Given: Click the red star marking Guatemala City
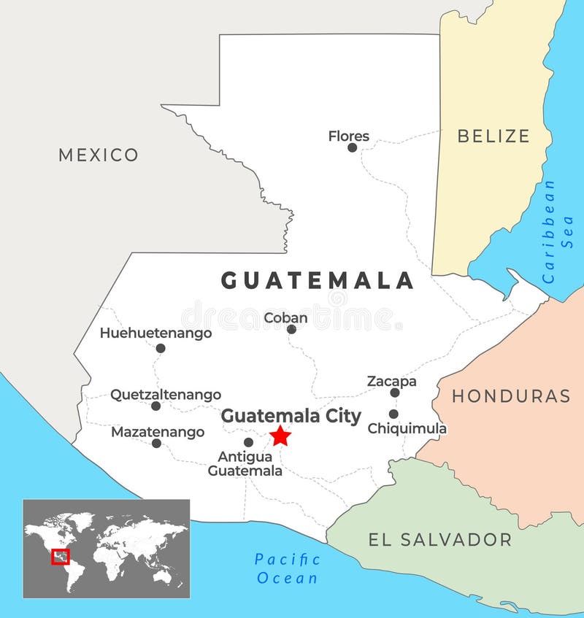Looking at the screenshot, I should [280, 436].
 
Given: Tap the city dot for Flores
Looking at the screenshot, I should [352, 147].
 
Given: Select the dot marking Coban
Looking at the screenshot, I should [291, 329].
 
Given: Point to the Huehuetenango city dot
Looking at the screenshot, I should [161, 348].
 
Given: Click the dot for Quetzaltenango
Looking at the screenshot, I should [155, 406].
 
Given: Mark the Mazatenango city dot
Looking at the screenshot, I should [156, 443].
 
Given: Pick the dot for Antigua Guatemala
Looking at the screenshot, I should [248, 442].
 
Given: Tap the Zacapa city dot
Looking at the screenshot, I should [395, 393].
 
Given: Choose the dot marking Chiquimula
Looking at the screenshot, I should [393, 414].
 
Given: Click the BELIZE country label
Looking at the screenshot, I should [493, 136].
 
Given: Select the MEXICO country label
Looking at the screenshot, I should [99, 155].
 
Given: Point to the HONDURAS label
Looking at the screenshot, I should [511, 396].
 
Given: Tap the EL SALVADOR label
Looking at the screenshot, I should [439, 540].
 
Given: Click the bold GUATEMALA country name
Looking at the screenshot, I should [318, 280].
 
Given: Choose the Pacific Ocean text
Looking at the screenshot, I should [287, 569].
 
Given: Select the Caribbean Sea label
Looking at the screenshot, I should [558, 231].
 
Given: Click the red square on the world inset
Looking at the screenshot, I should [61, 557].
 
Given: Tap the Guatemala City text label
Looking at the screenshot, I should [291, 416].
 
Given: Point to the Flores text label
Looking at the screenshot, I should [348, 136].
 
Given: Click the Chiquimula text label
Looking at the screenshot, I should [407, 428].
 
